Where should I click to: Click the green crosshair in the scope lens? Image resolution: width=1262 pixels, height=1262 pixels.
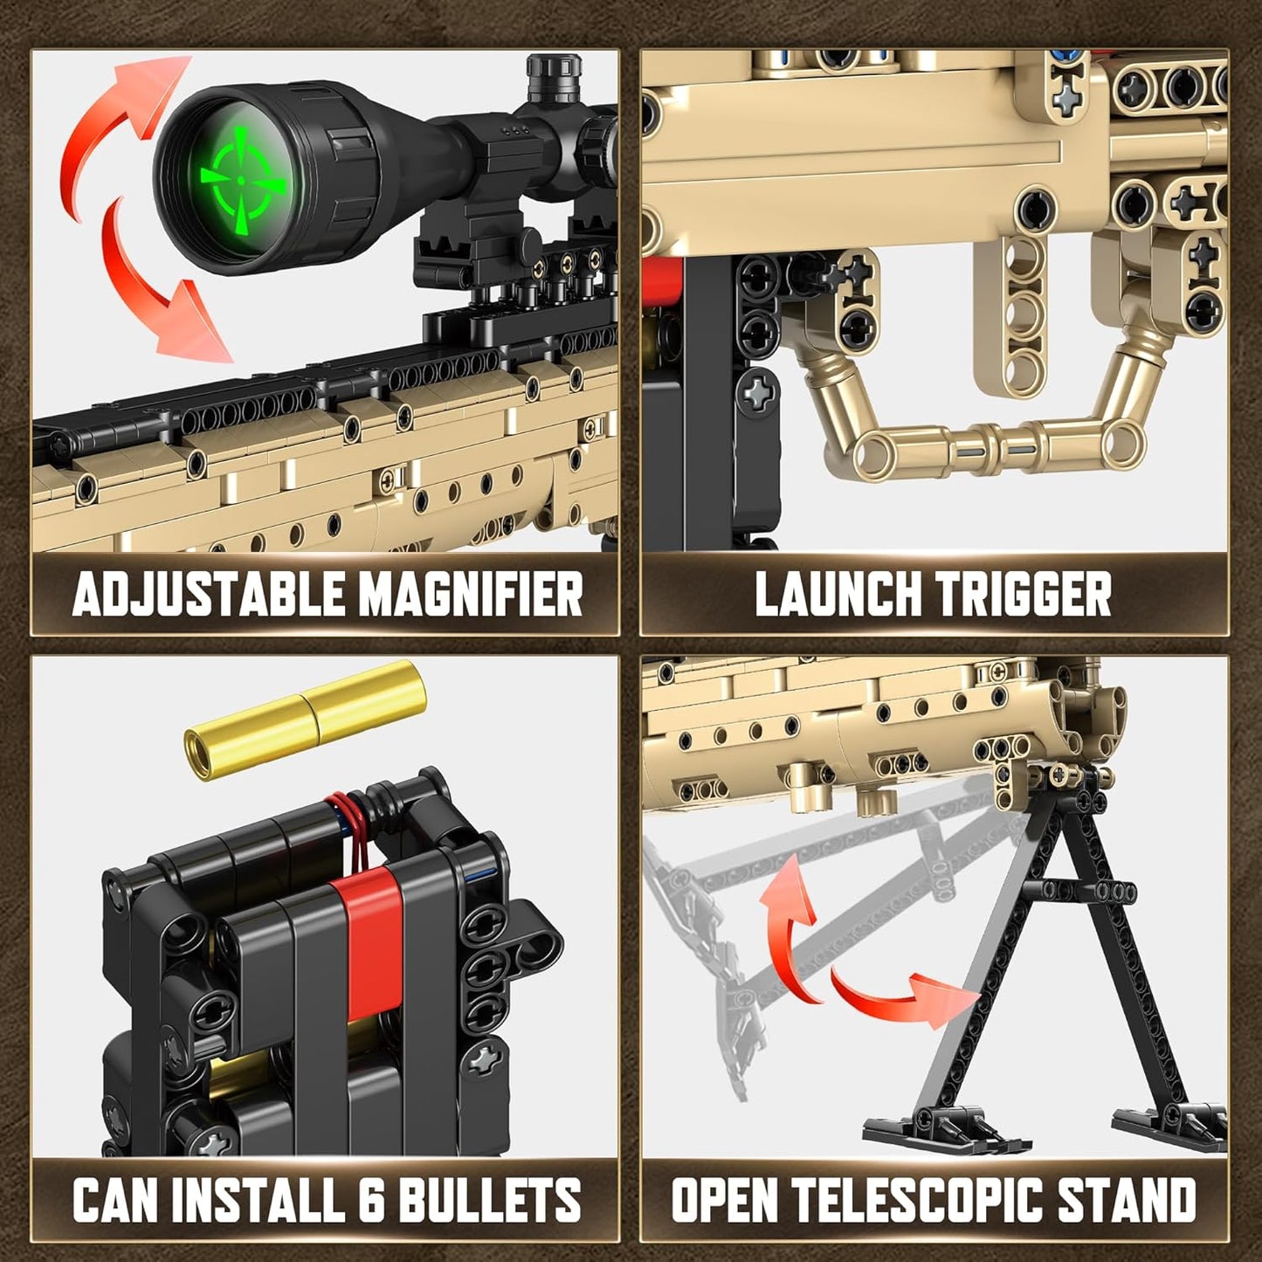click(242, 179)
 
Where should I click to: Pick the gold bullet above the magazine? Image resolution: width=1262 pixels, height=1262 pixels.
click(305, 721)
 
